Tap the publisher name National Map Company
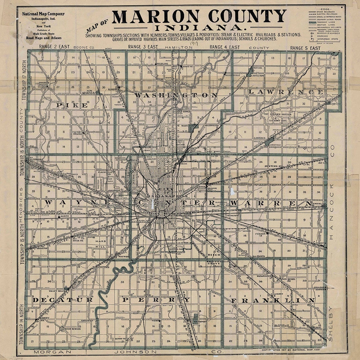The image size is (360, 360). click(43, 14)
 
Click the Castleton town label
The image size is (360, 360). click(257, 76)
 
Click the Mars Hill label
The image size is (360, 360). click(100, 244)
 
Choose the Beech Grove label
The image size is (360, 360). click(214, 259)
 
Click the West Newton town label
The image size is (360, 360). click(72, 329)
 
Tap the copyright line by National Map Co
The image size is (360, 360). click(290, 350)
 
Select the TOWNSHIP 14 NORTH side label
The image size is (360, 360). click(22, 323)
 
